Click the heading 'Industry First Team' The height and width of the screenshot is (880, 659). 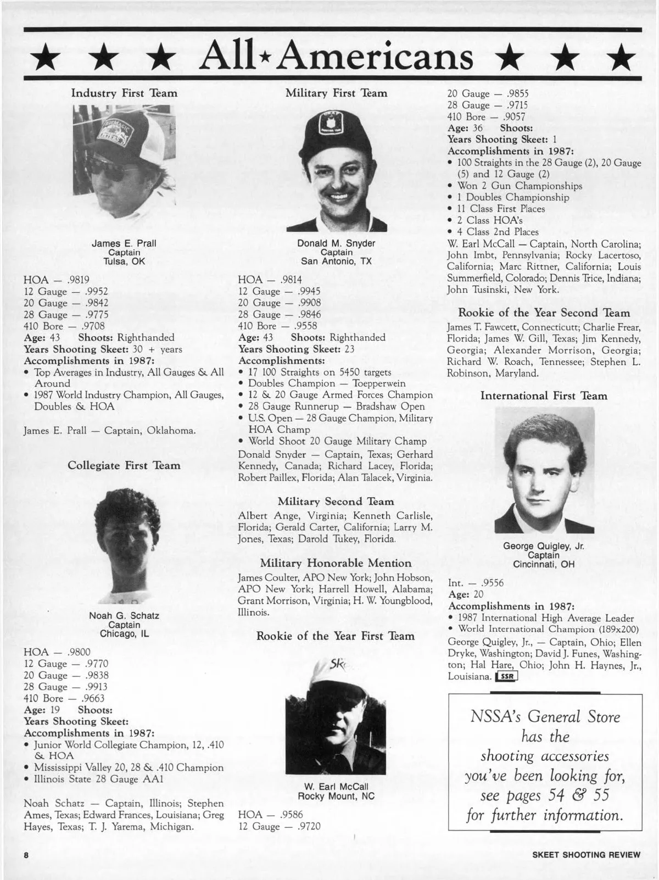pos(124,93)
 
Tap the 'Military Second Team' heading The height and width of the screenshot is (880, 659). pos(336,502)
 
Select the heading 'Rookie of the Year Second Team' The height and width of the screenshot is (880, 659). pos(544,313)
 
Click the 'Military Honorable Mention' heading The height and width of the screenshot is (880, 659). pos(336,563)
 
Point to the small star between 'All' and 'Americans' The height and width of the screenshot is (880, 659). pos(262,58)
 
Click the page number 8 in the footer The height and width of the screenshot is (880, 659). pos(25,855)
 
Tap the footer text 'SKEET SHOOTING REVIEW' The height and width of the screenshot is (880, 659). pos(586,855)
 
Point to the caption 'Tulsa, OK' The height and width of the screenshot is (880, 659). pos(124,261)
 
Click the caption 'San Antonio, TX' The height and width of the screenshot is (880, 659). pos(336,261)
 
